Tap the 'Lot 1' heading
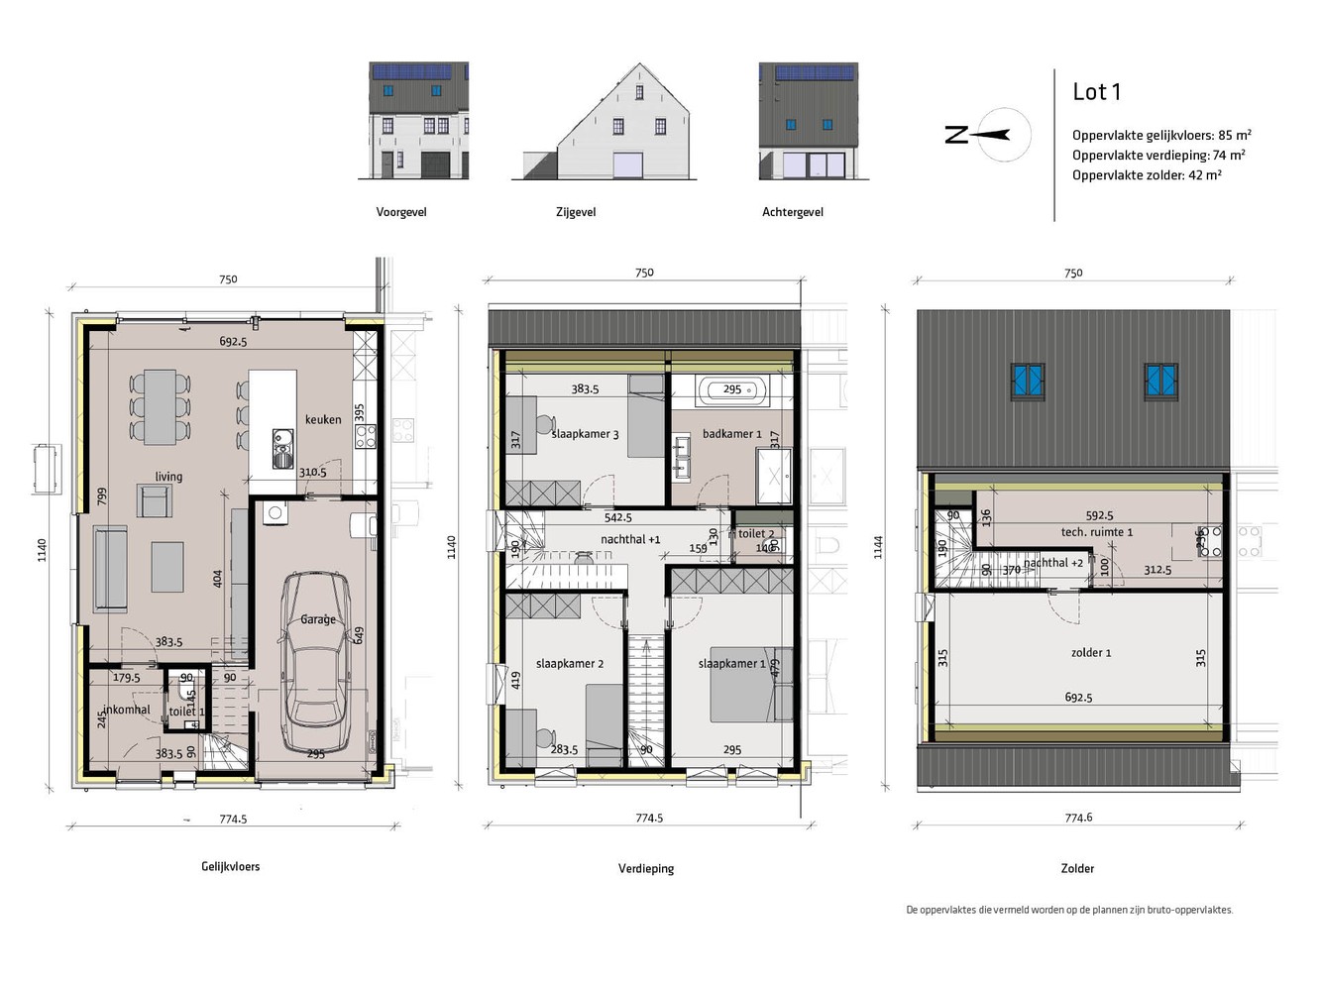(x=1096, y=92)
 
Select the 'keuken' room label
(x=323, y=419)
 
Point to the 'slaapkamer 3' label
(x=586, y=434)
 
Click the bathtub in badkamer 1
(x=732, y=390)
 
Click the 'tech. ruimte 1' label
(x=1096, y=532)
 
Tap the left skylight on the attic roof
(x=1028, y=380)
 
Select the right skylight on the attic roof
(x=1161, y=380)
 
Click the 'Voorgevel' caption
(x=401, y=212)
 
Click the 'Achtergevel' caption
(x=793, y=212)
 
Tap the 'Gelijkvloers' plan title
(x=231, y=866)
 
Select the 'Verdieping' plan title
(x=646, y=868)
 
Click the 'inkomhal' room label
(x=127, y=710)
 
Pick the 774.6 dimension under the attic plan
(x=1078, y=818)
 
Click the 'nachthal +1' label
(x=630, y=539)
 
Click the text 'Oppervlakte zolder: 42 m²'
(x=1147, y=175)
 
